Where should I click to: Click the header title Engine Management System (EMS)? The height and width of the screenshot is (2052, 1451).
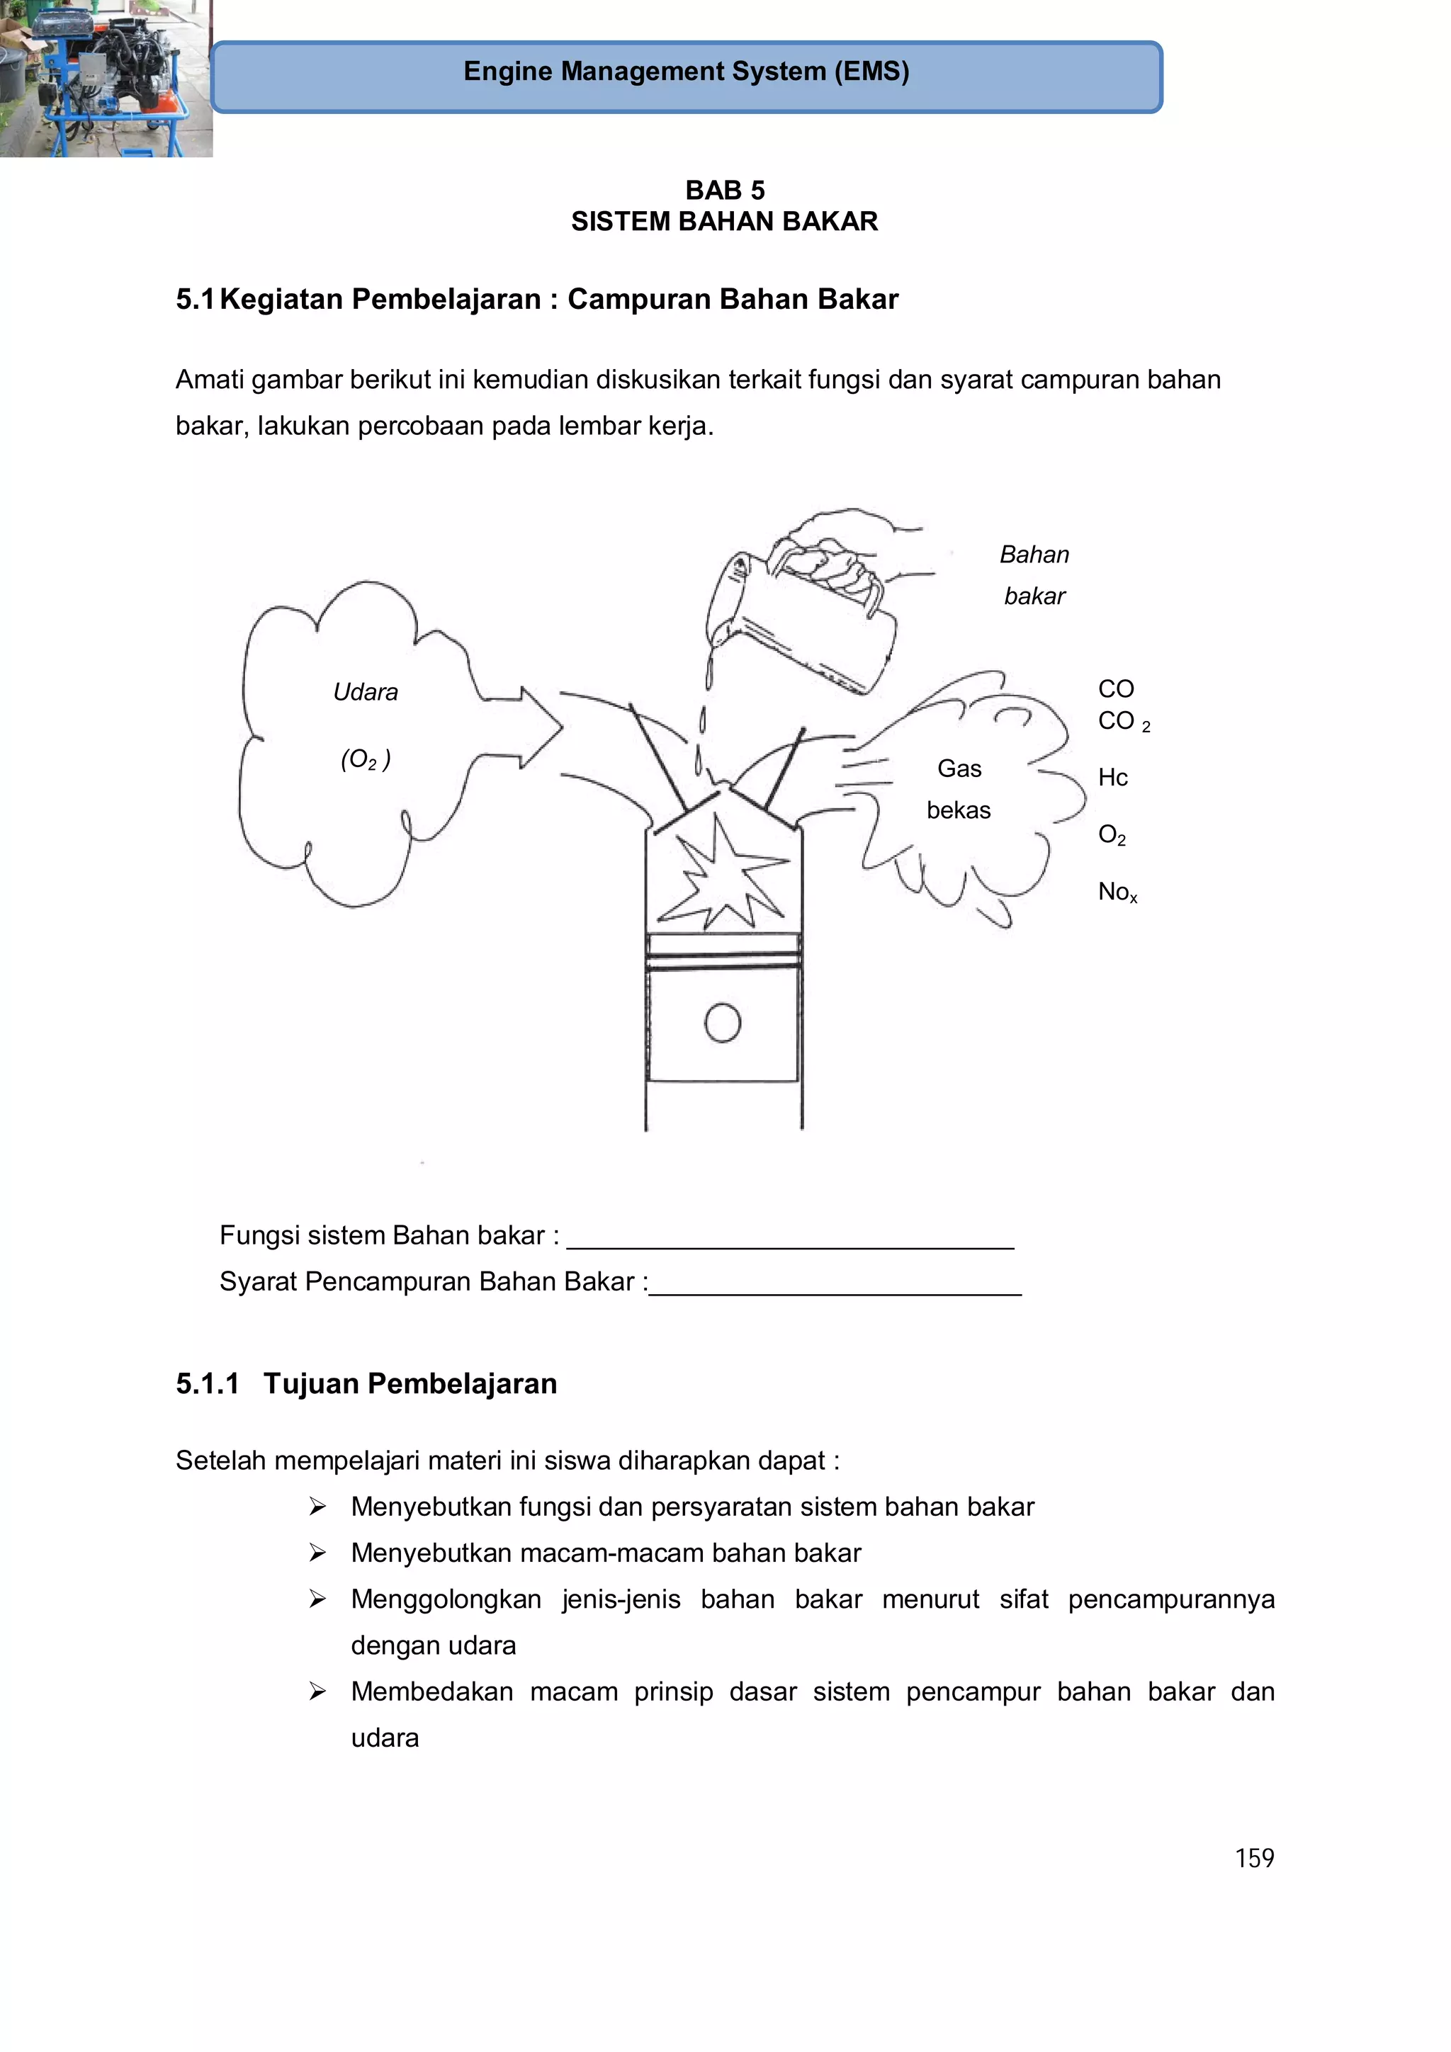point(686,72)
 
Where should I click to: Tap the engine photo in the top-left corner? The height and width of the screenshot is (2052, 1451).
point(106,79)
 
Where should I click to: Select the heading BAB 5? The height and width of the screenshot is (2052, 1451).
point(724,191)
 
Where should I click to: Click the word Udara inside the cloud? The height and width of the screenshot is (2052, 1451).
point(365,692)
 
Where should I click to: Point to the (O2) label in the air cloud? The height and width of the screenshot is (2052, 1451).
point(365,759)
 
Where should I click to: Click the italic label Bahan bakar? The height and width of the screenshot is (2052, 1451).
point(1034,574)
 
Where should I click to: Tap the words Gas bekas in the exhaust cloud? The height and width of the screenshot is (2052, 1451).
point(959,789)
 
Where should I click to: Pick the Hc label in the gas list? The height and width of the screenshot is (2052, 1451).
point(1112,778)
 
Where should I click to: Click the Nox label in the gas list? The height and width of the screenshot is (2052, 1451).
point(1117,891)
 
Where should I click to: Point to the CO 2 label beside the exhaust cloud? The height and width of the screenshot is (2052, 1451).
point(1123,721)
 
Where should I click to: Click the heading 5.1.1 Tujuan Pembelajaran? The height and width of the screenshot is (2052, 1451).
point(366,1383)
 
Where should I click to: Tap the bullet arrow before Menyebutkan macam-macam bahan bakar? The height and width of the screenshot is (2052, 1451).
point(317,1553)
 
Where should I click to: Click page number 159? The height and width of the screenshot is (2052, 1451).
point(1253,1858)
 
